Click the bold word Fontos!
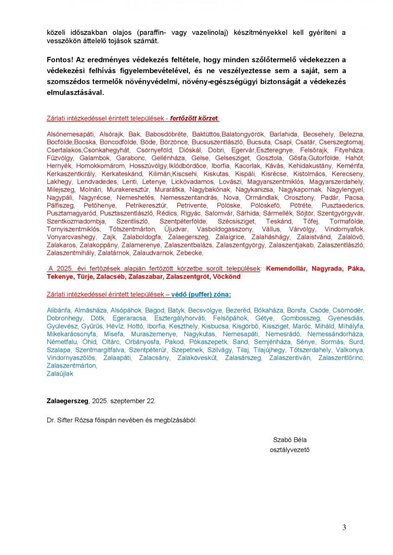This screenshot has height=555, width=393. [60, 60]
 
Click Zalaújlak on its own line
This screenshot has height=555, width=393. [60, 374]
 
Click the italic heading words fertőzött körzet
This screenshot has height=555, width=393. [193, 118]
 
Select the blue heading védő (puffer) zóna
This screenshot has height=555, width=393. [201, 294]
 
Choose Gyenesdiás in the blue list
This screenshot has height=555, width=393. [346, 318]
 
